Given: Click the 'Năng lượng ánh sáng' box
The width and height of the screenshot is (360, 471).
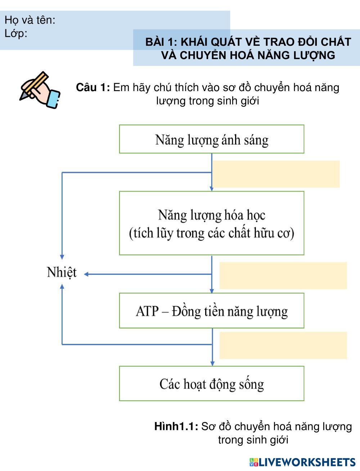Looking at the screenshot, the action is [x=212, y=139].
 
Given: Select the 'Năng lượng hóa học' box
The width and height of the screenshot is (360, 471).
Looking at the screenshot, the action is [x=212, y=223].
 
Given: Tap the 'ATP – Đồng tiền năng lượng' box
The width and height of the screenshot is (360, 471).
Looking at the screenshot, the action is [x=212, y=311].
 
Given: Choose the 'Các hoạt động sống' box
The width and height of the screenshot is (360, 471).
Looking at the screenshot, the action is [x=212, y=384].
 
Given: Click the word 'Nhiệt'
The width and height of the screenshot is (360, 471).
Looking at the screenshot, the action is [x=62, y=272].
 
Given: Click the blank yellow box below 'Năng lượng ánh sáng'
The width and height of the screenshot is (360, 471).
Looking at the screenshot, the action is [x=276, y=174].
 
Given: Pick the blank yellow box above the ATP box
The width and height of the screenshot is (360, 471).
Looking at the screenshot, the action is [x=283, y=275].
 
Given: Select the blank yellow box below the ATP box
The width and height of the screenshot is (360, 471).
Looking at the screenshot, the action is [x=283, y=345].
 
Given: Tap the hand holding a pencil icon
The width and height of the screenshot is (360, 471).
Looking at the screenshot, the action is [x=39, y=90].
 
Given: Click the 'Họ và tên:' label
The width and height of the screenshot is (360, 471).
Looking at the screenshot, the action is [x=30, y=20].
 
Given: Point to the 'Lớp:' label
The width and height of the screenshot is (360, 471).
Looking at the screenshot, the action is [x=16, y=33].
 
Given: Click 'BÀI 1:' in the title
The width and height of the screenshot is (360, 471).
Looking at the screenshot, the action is [x=161, y=42].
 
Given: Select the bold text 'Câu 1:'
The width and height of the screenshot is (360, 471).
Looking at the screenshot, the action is [x=93, y=88].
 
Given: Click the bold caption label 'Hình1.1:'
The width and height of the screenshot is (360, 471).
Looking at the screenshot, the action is [x=176, y=426].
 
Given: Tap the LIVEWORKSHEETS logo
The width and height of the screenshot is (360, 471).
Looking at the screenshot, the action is [x=302, y=462].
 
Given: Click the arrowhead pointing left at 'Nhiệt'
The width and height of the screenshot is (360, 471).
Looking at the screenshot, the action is [x=86, y=274].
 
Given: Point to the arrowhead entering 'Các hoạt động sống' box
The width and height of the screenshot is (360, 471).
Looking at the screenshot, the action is [x=212, y=363].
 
